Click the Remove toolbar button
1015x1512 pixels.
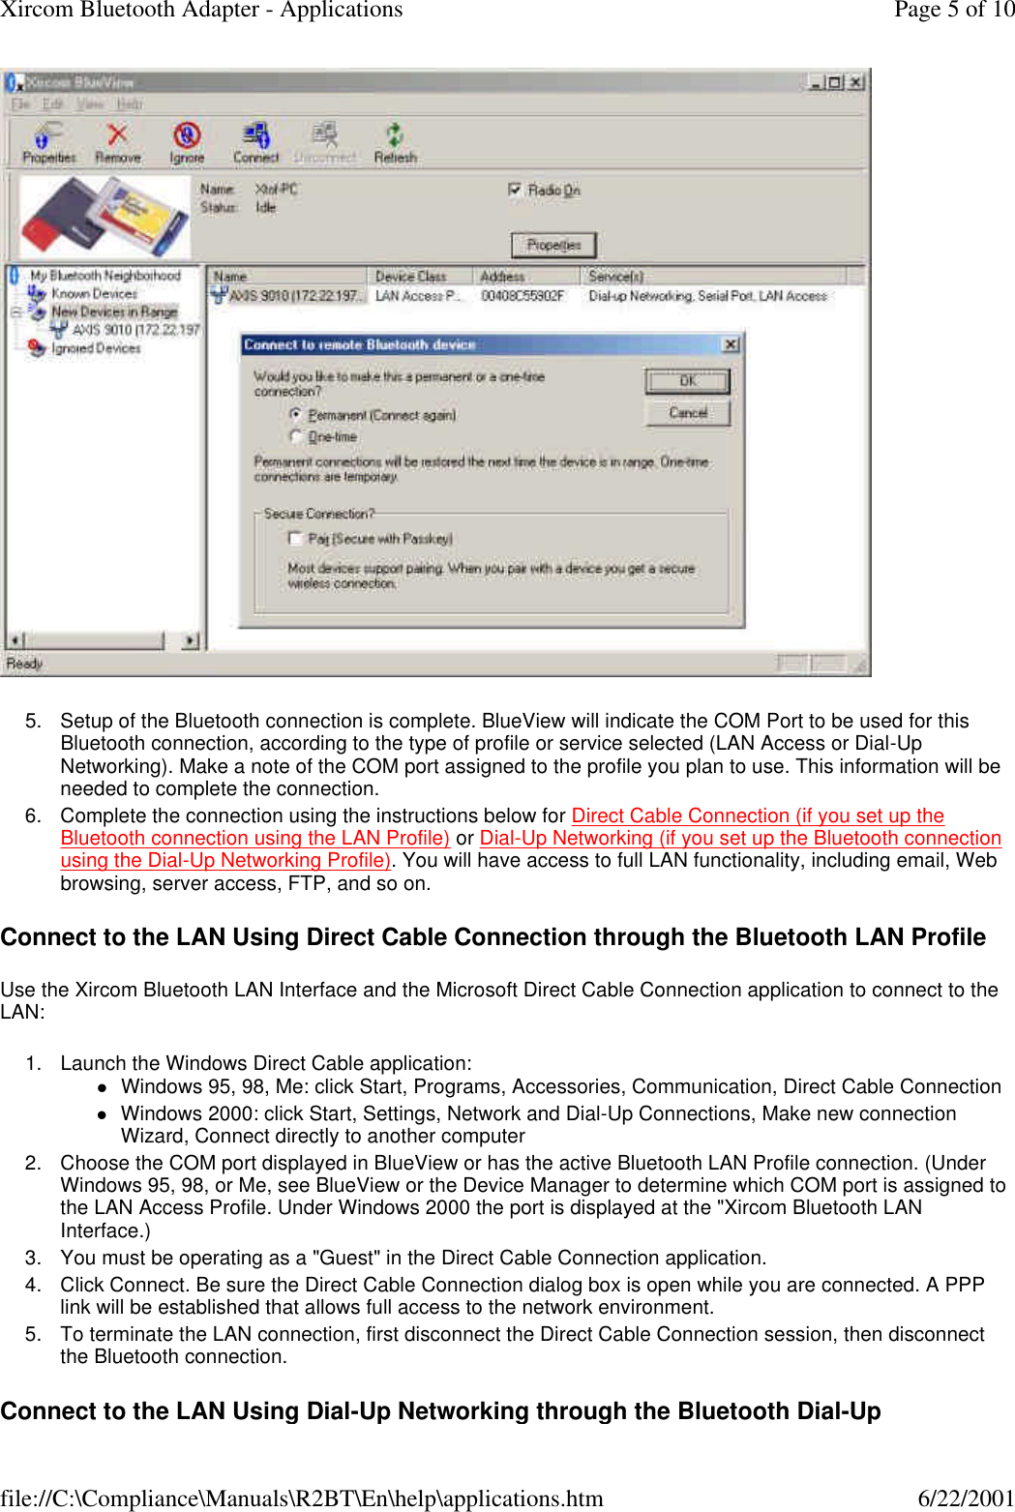coord(117,142)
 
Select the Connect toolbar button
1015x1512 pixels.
coord(255,142)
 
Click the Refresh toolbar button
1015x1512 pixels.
coord(395,142)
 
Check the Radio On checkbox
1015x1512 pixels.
coord(515,190)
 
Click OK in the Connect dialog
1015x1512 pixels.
coord(687,381)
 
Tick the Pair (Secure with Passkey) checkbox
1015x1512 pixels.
coord(296,538)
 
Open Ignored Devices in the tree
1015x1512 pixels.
coord(95,348)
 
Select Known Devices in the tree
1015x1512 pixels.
coord(94,293)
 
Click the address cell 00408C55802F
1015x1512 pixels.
coord(522,296)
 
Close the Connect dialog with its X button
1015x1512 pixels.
coord(731,344)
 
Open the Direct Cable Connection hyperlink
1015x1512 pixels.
coord(757,815)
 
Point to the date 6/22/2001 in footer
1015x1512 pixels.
coord(965,1497)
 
